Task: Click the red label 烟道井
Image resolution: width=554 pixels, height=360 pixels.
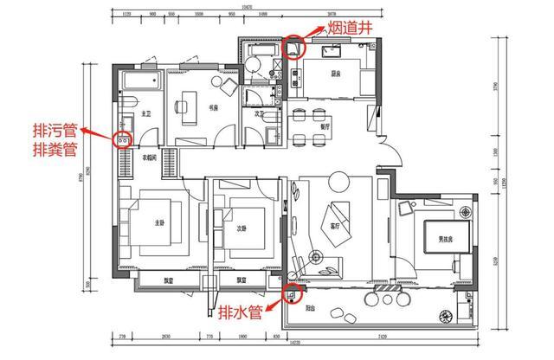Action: (352, 28)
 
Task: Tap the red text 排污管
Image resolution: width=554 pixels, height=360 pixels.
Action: (55, 131)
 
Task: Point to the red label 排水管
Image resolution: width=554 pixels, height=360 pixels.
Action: (241, 311)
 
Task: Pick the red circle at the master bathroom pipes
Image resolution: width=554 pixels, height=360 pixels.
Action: (123, 138)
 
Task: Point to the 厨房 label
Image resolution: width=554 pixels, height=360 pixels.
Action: (337, 74)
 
